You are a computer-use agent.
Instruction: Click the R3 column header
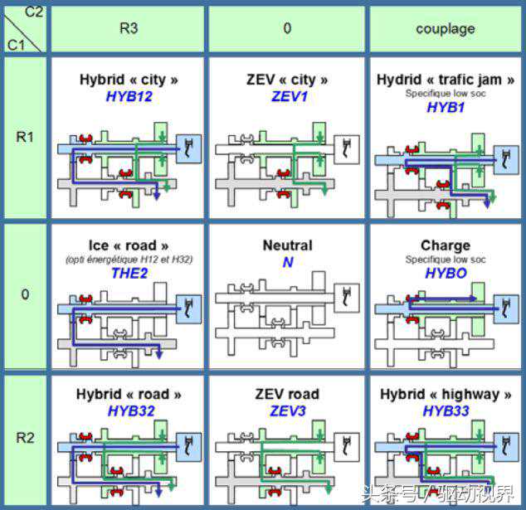pos(129,28)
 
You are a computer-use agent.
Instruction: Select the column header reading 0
pos(287,28)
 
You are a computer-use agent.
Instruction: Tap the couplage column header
pos(446,28)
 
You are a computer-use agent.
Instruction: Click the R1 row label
pos(25,136)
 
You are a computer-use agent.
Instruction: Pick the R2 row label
pos(25,437)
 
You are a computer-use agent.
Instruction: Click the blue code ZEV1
pos(287,96)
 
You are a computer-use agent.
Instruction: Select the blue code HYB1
pos(446,108)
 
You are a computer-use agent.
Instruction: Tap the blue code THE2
pos(129,274)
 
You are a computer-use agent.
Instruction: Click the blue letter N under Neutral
pos(287,262)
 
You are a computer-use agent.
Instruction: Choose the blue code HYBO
pos(446,274)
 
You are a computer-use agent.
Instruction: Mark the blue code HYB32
pos(129,410)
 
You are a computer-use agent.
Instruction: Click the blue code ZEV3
pos(287,410)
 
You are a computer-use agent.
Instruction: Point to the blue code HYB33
pos(446,410)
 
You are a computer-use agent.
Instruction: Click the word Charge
pos(446,245)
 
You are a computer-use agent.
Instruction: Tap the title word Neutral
pos(287,245)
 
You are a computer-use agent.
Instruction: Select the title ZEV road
pos(287,394)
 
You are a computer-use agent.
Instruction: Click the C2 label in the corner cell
pos(35,10)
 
